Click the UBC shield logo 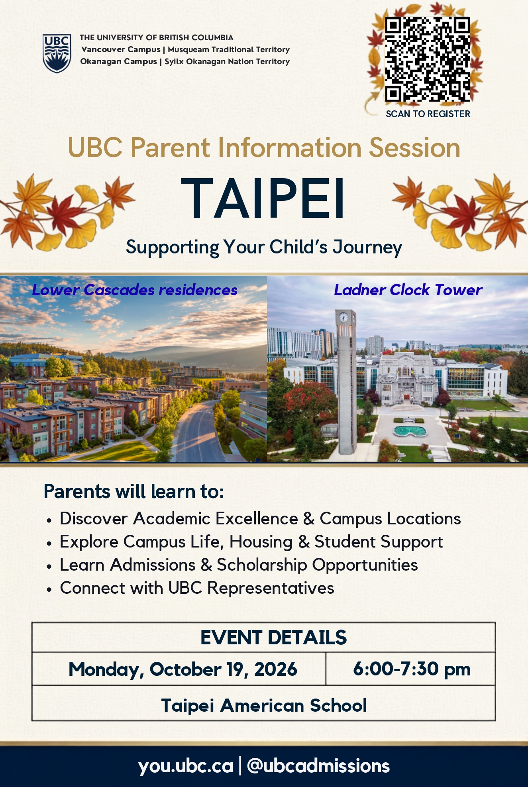(x=57, y=53)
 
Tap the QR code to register (x=428, y=59)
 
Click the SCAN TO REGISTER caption (x=428, y=114)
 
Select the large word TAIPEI (x=263, y=198)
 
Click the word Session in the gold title (x=414, y=148)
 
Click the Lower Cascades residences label (x=135, y=290)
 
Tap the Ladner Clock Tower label (x=408, y=290)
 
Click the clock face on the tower (x=343, y=318)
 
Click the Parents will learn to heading (x=134, y=492)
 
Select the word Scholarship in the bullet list (x=262, y=565)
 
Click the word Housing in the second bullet (x=261, y=542)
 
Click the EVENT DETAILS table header (x=273, y=638)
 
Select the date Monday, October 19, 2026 (x=183, y=669)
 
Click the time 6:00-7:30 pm (x=412, y=669)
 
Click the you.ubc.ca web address (x=186, y=766)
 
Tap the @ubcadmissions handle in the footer (x=318, y=766)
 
